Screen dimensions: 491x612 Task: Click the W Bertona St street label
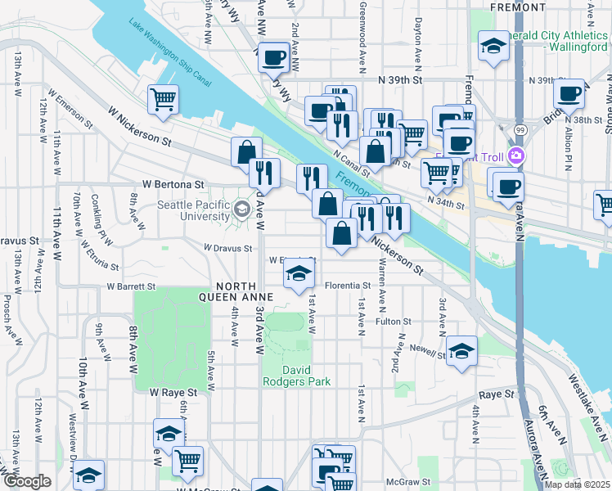[172, 186]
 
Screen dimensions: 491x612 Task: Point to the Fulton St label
[393, 322]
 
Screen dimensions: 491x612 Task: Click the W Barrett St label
[131, 287]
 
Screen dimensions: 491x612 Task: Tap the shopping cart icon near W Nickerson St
[163, 100]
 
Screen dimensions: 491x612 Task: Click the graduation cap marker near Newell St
[461, 352]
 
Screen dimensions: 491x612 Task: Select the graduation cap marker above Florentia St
[299, 274]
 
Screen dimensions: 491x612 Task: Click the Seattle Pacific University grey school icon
[241, 209]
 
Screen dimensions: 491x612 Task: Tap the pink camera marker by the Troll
[515, 155]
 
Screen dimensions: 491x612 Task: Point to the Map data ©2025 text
[578, 484]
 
